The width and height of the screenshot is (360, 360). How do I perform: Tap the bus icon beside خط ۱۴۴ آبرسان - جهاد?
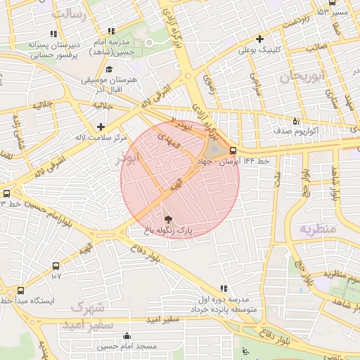pyautogui.click(x=233, y=150)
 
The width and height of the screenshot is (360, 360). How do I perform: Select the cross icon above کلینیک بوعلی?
pyautogui.click(x=260, y=39)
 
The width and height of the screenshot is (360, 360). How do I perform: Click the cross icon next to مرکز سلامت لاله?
pyautogui.click(x=101, y=127)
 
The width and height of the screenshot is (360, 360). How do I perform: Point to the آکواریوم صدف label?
pyautogui.click(x=296, y=131)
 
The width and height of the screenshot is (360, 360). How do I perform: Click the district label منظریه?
pyautogui.click(x=318, y=229)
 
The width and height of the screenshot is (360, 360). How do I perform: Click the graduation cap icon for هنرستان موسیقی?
pyautogui.click(x=109, y=69)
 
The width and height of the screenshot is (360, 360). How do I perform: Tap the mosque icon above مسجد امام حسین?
pyautogui.click(x=127, y=335)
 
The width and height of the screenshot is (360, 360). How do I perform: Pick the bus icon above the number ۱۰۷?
pyautogui.click(x=56, y=266)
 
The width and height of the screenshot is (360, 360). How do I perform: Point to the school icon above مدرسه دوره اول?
pyautogui.click(x=224, y=288)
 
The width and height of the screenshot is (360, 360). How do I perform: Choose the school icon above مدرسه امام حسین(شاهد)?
pyautogui.click(x=111, y=30)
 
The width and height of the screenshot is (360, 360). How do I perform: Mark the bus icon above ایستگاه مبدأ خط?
pyautogui.click(x=20, y=290)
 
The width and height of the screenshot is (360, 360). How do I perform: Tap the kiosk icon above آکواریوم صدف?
pyautogui.click(x=295, y=120)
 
